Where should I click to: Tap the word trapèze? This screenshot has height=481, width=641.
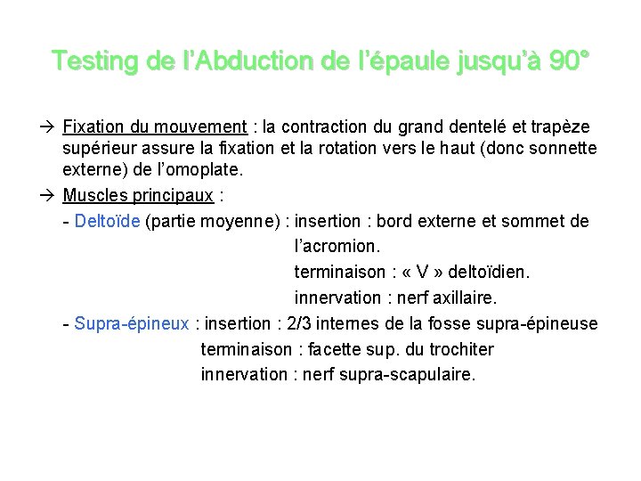(x=560, y=128)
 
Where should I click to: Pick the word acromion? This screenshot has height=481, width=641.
(x=339, y=246)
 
